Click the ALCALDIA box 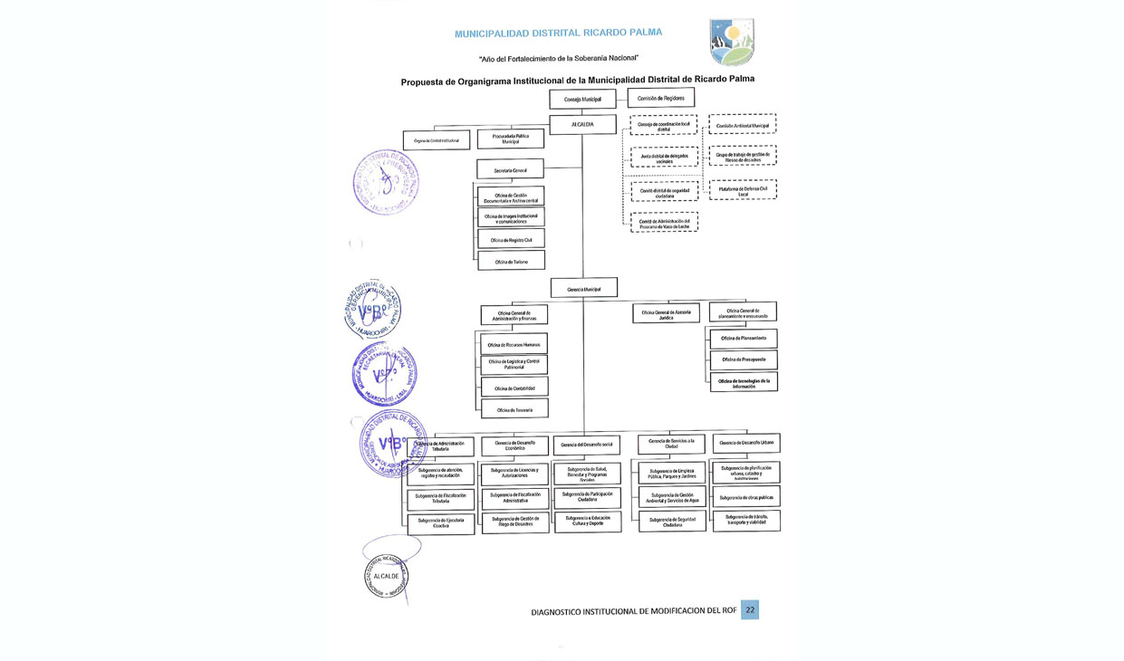tap(583, 124)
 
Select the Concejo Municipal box tap(582, 99)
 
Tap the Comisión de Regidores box tap(660, 98)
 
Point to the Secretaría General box tap(510, 169)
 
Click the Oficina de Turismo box tap(512, 261)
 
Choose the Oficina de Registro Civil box tap(512, 239)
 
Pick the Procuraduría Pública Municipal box tap(510, 139)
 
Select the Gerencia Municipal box tap(584, 288)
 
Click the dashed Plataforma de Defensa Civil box tap(743, 190)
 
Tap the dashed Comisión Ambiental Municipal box tap(743, 126)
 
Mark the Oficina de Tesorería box tap(514, 410)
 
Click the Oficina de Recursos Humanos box tap(514, 344)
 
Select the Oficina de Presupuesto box tap(744, 359)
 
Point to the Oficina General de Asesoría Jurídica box tap(666, 313)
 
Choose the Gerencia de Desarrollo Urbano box tap(746, 443)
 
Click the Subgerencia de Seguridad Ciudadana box tap(672, 522)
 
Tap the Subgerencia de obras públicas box tap(746, 497)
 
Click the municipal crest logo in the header tap(731, 43)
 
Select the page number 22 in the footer tap(749, 610)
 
